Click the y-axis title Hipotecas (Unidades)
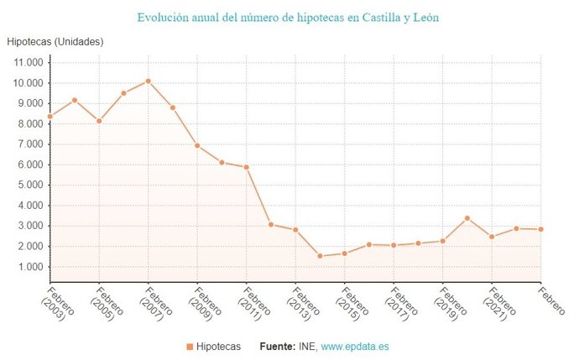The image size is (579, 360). (x=55, y=41)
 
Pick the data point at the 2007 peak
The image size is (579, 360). (x=149, y=81)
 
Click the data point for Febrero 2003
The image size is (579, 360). (x=50, y=117)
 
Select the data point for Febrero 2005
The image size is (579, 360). (x=99, y=121)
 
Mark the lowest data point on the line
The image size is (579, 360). (x=320, y=256)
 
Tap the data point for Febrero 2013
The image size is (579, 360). (x=295, y=230)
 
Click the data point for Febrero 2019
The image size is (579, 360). (x=442, y=241)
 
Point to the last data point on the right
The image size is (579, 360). (x=540, y=229)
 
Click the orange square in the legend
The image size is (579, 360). (x=190, y=346)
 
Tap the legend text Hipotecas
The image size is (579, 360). (x=218, y=346)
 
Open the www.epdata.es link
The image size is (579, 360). (x=355, y=346)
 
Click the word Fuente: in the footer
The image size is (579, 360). (x=276, y=346)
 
